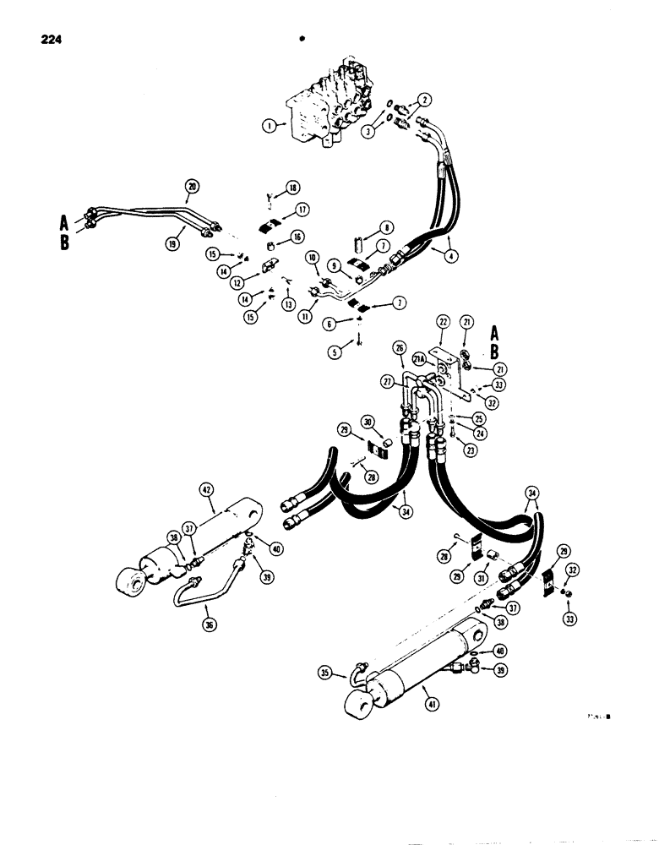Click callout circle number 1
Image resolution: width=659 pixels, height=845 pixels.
tap(270, 126)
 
